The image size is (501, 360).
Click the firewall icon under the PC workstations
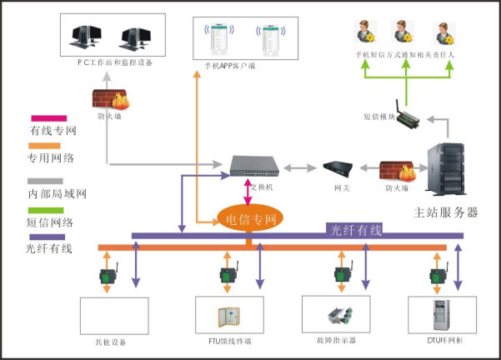109,99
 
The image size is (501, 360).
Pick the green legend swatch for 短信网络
39,210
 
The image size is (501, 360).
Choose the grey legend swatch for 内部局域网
39,181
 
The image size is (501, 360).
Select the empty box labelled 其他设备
113,317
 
